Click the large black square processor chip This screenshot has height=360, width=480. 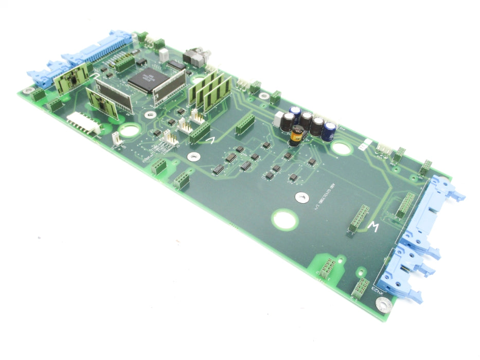(146, 80)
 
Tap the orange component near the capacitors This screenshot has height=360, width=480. (296, 135)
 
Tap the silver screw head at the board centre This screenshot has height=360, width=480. (301, 196)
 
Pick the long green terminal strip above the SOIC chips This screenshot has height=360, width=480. (245, 124)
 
